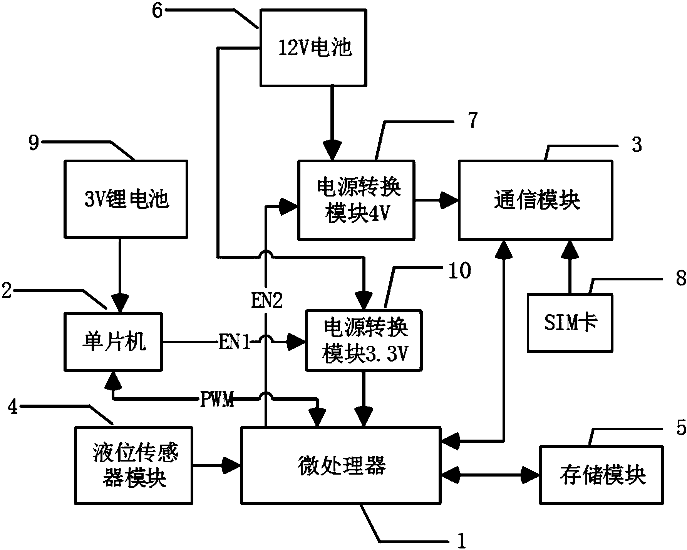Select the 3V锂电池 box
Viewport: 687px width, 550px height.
pyautogui.click(x=126, y=198)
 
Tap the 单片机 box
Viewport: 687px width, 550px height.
pyautogui.click(x=113, y=342)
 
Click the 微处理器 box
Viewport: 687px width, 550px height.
pyautogui.click(x=341, y=465)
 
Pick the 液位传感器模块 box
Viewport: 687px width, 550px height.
pyautogui.click(x=134, y=465)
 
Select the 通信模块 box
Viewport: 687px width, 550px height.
pyautogui.click(x=535, y=200)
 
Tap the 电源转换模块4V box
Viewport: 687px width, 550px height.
pyautogui.click(x=356, y=200)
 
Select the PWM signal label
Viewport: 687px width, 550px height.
pyautogui.click(x=217, y=400)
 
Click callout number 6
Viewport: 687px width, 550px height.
pyautogui.click(x=158, y=10)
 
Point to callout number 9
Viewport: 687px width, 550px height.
pyautogui.click(x=34, y=143)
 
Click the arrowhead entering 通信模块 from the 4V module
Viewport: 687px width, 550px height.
pyautogui.click(x=450, y=200)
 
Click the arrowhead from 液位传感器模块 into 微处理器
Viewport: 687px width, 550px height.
pyautogui.click(x=232, y=465)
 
